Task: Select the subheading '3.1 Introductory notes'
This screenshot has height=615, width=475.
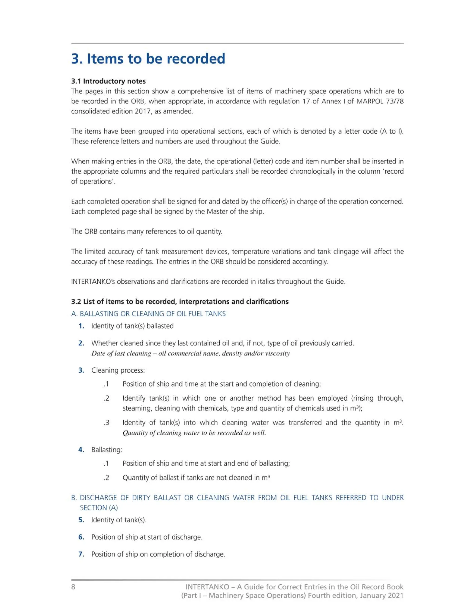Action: tap(108, 81)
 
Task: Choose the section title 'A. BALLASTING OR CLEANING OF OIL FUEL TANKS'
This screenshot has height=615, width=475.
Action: tap(148, 314)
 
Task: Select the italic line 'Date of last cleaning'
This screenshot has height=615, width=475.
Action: tap(190, 353)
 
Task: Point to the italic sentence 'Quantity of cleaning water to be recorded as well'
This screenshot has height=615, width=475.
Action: tap(194, 433)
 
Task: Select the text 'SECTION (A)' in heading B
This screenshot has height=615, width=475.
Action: tap(99, 507)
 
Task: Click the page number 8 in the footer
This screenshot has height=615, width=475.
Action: tap(73, 586)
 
